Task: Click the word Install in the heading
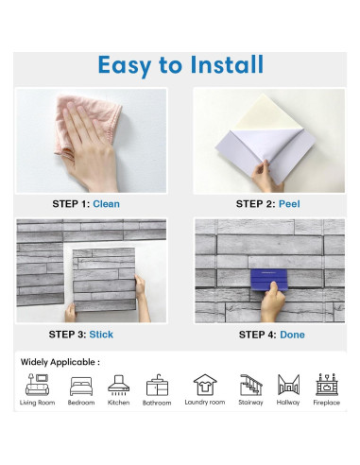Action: click(227, 64)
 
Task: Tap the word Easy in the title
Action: click(125, 66)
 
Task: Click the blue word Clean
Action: click(106, 204)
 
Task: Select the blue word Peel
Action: click(289, 204)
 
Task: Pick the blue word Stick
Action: click(101, 335)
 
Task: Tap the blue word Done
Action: click(292, 335)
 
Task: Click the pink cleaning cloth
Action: click(87, 125)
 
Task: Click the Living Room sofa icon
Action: click(37, 385)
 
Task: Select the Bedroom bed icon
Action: click(81, 387)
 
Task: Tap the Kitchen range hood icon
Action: click(118, 385)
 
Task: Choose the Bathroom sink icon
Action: click(157, 385)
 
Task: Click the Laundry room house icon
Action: click(205, 385)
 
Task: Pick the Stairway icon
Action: click(250, 385)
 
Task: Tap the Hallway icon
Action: click(288, 385)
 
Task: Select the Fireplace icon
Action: click(327, 385)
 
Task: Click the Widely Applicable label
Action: click(60, 362)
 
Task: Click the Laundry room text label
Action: click(205, 403)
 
